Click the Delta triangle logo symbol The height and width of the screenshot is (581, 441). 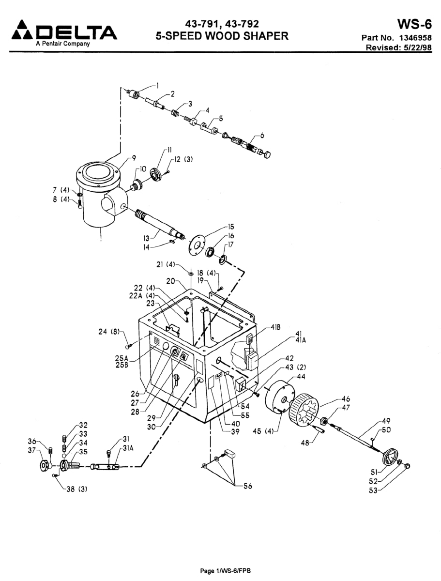[x=22, y=30]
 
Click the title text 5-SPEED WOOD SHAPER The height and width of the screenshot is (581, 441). [x=222, y=36]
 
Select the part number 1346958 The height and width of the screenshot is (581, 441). [x=415, y=38]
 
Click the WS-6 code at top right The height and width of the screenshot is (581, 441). [x=414, y=24]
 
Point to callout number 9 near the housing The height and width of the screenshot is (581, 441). [x=134, y=158]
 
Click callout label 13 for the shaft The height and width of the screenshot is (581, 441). [x=146, y=238]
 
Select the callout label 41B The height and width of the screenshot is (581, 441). [x=275, y=327]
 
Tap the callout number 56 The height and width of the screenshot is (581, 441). [x=248, y=486]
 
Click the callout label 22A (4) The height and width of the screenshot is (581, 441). [x=142, y=296]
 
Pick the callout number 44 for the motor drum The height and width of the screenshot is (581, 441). [x=301, y=376]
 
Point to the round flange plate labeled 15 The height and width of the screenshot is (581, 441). [x=197, y=245]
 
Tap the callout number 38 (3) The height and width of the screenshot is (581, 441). [x=76, y=489]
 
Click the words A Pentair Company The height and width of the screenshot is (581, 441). [x=63, y=44]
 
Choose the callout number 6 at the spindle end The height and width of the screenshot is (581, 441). [x=262, y=135]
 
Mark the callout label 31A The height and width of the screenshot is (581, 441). [x=128, y=448]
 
